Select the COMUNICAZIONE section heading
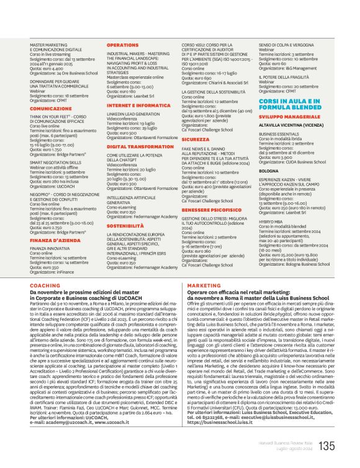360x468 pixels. [51, 109]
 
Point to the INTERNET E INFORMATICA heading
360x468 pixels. [138, 106]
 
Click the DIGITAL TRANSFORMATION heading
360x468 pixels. [140, 147]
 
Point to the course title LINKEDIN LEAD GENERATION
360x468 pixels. [134, 114]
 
